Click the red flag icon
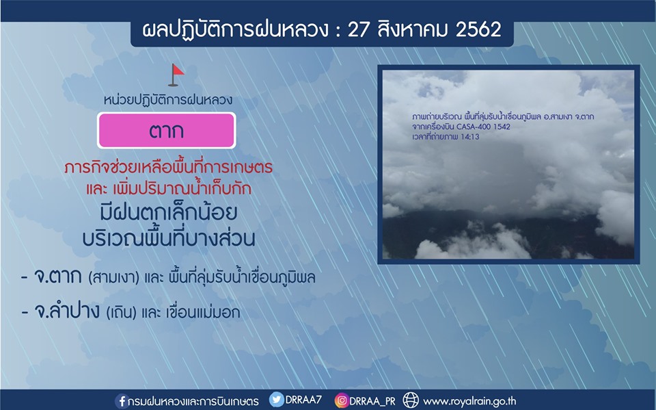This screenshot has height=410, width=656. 176,75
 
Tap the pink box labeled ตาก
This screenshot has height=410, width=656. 167,130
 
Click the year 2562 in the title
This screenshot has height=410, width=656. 478,29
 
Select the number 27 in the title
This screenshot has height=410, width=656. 357,29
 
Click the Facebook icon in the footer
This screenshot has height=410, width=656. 121,401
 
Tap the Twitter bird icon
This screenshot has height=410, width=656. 276,400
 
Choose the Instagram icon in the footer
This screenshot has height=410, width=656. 342,400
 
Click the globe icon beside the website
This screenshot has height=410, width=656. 411,400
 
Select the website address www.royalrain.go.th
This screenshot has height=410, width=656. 470,402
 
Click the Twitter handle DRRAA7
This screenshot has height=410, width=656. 303,400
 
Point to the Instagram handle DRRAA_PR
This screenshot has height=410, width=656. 372,401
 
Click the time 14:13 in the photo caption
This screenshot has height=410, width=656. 469,137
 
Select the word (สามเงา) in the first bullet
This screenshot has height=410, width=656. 114,278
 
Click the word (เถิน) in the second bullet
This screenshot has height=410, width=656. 122,313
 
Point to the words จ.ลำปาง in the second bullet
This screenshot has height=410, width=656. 67,311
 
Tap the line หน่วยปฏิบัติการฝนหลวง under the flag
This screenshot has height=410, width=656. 168,100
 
